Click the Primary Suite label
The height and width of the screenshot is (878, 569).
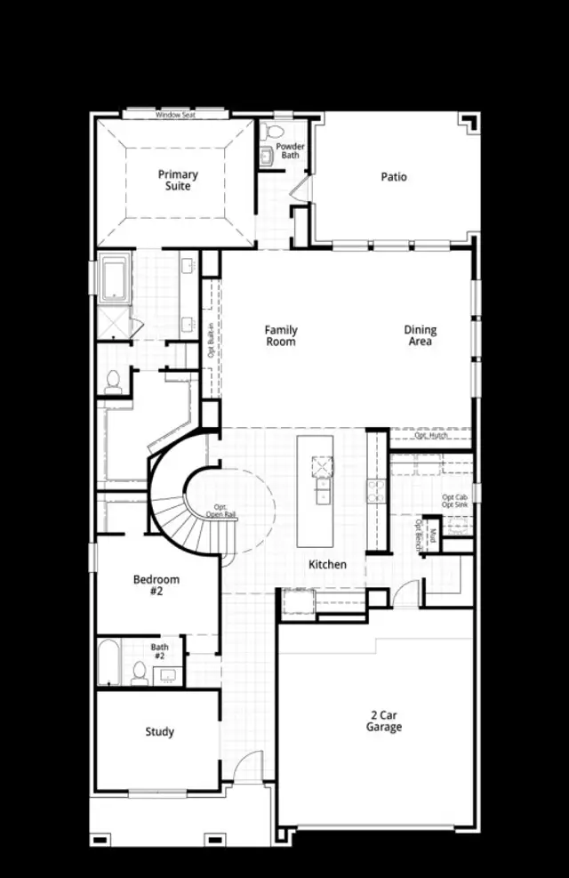pyautogui.click(x=178, y=181)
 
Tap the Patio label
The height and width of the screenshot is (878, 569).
pyautogui.click(x=394, y=177)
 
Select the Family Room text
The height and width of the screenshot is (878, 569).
pyautogui.click(x=280, y=335)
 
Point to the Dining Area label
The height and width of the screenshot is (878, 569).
pyautogui.click(x=420, y=335)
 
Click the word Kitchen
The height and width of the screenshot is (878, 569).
pyautogui.click(x=327, y=565)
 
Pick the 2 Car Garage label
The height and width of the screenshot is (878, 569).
pyautogui.click(x=384, y=721)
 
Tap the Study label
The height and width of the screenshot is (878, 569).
pyautogui.click(x=160, y=732)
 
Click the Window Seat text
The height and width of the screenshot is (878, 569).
pyautogui.click(x=174, y=116)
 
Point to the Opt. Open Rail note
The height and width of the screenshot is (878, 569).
pyautogui.click(x=221, y=511)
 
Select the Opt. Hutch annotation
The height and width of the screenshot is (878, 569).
pyautogui.click(x=430, y=435)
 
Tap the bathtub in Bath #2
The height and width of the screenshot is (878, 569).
pyautogui.click(x=108, y=663)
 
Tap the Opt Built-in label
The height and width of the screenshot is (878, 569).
pyautogui.click(x=211, y=338)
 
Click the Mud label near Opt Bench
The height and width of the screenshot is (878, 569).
pyautogui.click(x=432, y=535)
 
